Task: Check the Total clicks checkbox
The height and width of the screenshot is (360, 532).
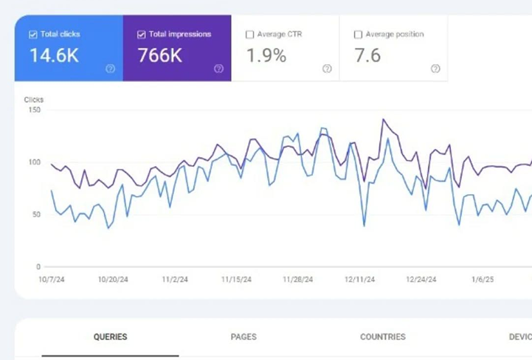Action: [33, 35]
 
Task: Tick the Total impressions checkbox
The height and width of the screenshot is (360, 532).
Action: [142, 35]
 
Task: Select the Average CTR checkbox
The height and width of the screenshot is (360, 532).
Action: [249, 35]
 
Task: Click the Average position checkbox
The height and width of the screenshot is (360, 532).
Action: [358, 35]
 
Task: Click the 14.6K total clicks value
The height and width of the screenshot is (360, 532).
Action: [55, 55]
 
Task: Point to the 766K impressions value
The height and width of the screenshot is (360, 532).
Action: [160, 55]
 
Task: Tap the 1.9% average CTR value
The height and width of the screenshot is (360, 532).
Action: [266, 55]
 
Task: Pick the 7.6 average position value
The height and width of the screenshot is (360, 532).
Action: [367, 55]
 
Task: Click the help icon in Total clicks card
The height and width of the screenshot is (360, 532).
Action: [110, 69]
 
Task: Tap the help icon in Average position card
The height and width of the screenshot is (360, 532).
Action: [435, 69]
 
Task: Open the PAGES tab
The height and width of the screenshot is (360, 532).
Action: [243, 337]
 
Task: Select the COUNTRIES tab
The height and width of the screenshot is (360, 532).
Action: [383, 337]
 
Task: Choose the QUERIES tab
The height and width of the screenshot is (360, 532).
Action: [110, 337]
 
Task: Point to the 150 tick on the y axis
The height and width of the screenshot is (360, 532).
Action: [35, 110]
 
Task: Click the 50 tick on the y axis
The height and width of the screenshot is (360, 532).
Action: [36, 215]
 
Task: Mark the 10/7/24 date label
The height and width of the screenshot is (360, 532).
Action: [52, 280]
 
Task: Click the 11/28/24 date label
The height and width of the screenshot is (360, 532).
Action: [298, 280]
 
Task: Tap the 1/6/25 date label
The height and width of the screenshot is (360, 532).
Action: [483, 280]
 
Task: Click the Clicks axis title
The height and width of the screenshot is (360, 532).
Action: [34, 100]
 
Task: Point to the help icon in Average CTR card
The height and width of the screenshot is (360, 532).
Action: [327, 69]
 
